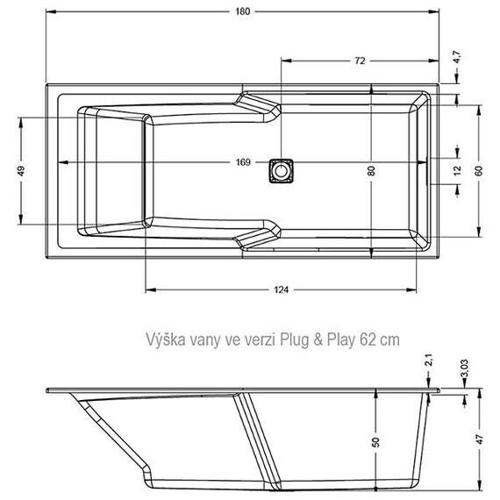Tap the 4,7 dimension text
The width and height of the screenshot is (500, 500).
click(456, 59)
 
